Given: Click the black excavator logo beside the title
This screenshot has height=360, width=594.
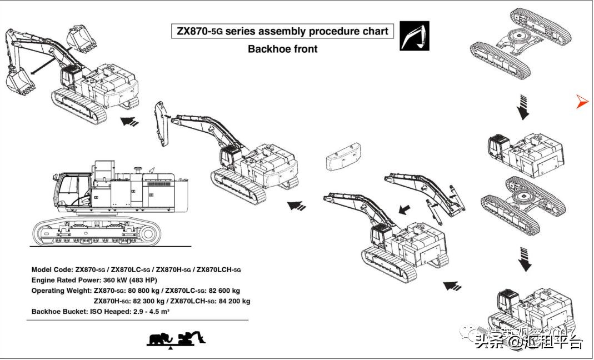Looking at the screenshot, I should tap(415, 36).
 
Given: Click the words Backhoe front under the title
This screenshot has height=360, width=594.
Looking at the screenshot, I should tap(282, 49).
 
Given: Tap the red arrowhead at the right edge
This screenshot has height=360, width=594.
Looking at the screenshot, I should tap(582, 101).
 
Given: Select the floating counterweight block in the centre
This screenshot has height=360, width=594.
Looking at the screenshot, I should tap(340, 159).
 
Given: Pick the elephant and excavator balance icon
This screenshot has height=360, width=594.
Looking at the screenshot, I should tap(176, 338).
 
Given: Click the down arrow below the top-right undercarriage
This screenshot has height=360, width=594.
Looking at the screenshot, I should tap(523, 107).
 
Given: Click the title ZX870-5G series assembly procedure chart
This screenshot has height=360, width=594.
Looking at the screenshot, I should tap(282, 31).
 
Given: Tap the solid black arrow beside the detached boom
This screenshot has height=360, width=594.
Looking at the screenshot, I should tap(406, 209).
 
